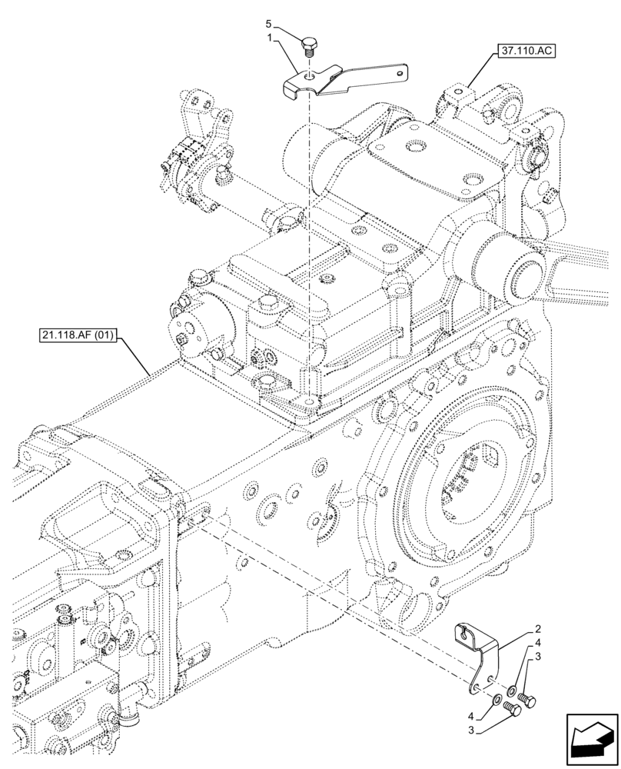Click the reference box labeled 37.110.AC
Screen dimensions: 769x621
point(521,52)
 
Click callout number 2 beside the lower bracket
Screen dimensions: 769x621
point(539,628)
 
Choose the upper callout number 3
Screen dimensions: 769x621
point(539,656)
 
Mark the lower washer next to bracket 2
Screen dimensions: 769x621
point(496,701)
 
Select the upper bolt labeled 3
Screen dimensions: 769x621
point(529,697)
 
